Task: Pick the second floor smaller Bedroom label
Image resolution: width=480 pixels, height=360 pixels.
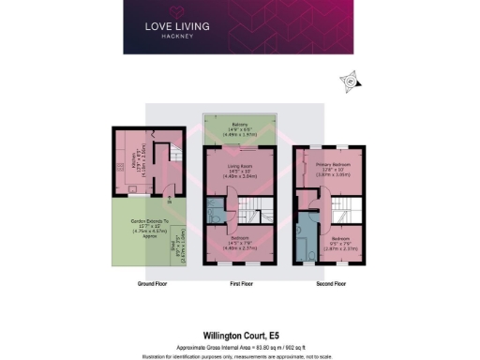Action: tap(329, 245)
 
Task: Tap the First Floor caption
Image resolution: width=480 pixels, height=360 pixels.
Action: tap(240, 282)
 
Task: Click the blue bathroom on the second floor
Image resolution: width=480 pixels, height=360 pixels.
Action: tap(306, 244)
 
